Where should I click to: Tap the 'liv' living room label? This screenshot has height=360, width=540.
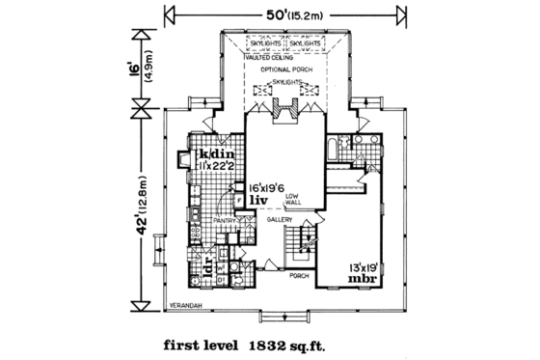[259, 201]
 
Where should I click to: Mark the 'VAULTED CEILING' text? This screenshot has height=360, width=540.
[264, 58]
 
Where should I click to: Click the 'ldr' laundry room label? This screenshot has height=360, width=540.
[205, 267]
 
